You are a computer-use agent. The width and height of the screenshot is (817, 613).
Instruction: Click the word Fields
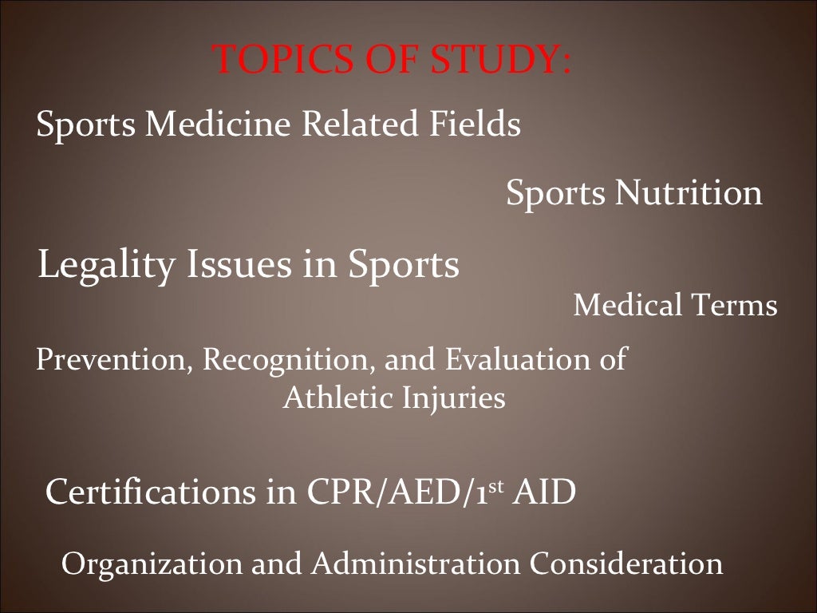[x=476, y=125]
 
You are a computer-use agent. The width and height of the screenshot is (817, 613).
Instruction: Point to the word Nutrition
[x=687, y=193]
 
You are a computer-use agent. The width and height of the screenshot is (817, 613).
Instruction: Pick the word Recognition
[x=289, y=360]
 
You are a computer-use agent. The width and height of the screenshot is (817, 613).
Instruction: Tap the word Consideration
[x=626, y=564]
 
